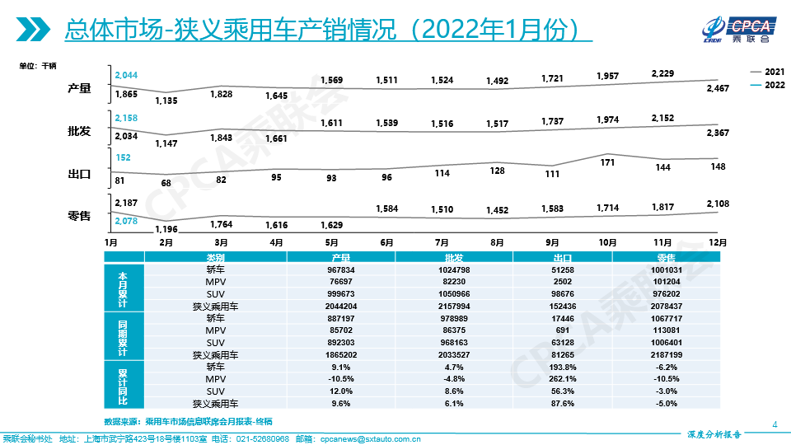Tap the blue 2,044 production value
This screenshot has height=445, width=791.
coord(126,76)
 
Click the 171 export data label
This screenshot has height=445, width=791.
coord(607,162)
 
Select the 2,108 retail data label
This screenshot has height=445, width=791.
coord(718,204)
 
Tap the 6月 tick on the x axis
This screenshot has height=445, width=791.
coord(386,243)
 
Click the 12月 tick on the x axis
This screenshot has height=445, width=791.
coord(718,243)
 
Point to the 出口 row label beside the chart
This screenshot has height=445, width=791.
coord(79,174)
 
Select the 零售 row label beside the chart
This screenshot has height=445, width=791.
coord(79,216)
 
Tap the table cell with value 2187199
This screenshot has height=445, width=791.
coord(666,355)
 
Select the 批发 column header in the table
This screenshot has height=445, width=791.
coord(453,257)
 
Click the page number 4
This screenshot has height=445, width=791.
coord(775,424)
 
